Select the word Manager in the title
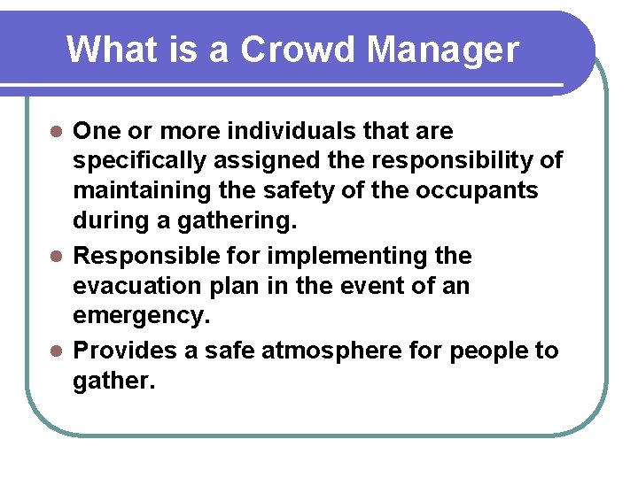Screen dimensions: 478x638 [x=442, y=51]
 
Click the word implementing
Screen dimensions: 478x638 [x=327, y=256]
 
